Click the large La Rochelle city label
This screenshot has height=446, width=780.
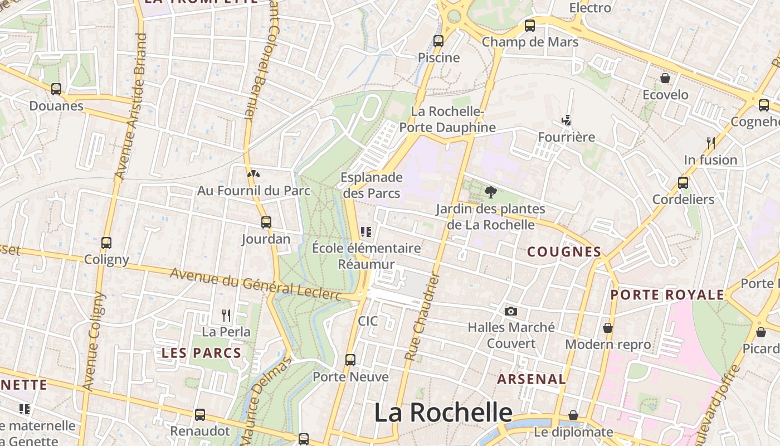click(x=443, y=413)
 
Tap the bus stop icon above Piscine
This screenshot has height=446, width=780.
click(x=438, y=41)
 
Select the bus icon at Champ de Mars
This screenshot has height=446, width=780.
click(x=529, y=26)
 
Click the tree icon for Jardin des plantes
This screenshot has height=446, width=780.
click(x=490, y=192)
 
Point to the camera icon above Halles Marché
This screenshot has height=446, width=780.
click(x=510, y=311)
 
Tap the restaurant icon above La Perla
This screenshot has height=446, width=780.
click(x=226, y=316)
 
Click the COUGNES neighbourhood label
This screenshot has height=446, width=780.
click(x=564, y=252)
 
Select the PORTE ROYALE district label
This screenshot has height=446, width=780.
click(x=667, y=295)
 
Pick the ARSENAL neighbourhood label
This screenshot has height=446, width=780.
click(x=531, y=380)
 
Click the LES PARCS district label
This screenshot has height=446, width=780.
click(x=201, y=353)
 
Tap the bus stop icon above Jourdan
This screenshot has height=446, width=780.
click(x=266, y=222)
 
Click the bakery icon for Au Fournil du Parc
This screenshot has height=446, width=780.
click(x=253, y=174)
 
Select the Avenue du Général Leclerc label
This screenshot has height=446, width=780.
click(x=256, y=283)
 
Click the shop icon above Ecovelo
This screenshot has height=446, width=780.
click(x=665, y=78)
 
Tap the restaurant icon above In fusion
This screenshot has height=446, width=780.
click(x=710, y=143)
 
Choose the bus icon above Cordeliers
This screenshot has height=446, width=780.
click(x=682, y=183)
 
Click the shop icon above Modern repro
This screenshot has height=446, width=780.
click(x=607, y=328)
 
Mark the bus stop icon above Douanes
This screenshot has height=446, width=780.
click(x=56, y=89)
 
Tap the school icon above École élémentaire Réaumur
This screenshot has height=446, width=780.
click(x=365, y=231)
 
